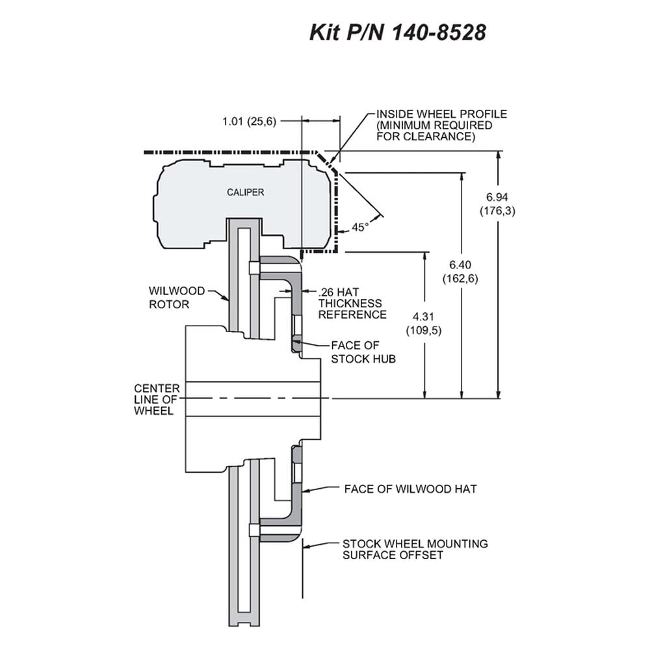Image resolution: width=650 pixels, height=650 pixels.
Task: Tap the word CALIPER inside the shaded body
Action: pos(246,192)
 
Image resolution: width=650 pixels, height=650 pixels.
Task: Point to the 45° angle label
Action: pos(359,227)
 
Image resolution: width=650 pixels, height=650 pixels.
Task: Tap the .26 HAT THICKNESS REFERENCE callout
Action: pos(352,304)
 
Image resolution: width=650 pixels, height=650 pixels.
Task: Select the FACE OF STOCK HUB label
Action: pos(363,352)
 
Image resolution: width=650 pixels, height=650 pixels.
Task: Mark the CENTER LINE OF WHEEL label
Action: pos(157,400)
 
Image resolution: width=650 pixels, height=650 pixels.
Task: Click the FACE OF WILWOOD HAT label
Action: pos(410,489)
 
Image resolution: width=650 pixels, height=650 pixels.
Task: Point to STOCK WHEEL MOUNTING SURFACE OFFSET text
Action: pos(415,549)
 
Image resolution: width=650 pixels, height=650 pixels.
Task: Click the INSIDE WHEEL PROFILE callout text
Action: pos(442,125)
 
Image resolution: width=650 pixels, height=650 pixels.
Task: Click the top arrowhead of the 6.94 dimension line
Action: pos(499,155)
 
